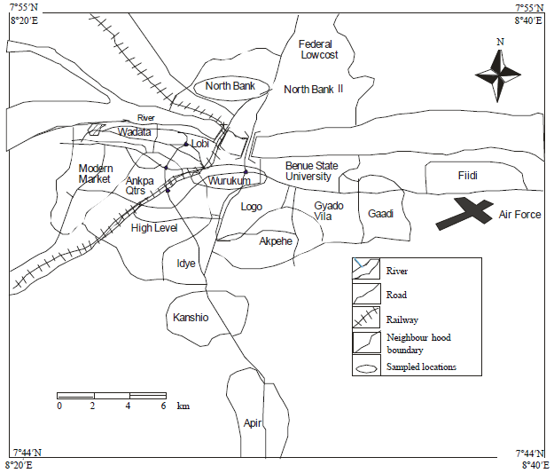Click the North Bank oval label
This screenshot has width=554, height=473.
point(230,86)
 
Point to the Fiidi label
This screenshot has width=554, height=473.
point(467,177)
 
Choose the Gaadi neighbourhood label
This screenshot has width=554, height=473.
point(380,214)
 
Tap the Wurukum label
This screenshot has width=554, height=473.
point(230,181)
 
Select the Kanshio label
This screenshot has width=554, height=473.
point(191,317)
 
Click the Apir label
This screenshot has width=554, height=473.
point(253,422)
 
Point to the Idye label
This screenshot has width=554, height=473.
point(185,264)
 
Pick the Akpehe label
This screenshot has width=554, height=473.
point(275,240)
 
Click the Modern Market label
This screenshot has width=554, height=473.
point(94,174)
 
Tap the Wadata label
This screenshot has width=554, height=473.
point(136,132)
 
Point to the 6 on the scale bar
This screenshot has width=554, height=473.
point(163,406)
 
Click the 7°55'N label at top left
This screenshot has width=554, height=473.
point(24,7)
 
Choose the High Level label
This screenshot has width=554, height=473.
point(154,228)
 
